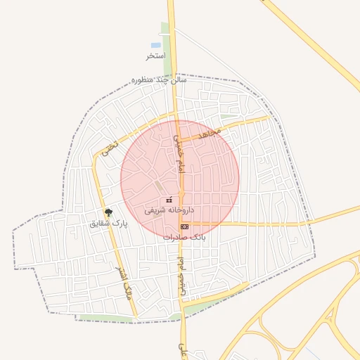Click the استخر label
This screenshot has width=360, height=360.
coord(155,56)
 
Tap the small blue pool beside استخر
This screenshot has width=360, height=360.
coord(155,45)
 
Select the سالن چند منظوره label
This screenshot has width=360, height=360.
coord(159,80)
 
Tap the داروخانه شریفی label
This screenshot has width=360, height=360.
coord(169,210)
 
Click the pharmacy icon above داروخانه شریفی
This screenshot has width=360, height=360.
coord(169,200)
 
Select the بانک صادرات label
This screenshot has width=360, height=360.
coord(184,237)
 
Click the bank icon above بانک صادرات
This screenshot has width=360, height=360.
coord(184,226)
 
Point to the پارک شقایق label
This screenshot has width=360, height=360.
coord(109,223)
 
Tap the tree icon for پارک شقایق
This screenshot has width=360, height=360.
coord(108,212)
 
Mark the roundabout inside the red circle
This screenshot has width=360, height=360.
coord(181,193)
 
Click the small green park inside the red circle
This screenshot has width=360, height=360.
coord(158,187)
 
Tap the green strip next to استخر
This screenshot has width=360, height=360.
coord(167,49)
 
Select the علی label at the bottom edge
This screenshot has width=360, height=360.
coord(182,349)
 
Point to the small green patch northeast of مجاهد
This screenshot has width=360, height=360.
coord(228,117)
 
